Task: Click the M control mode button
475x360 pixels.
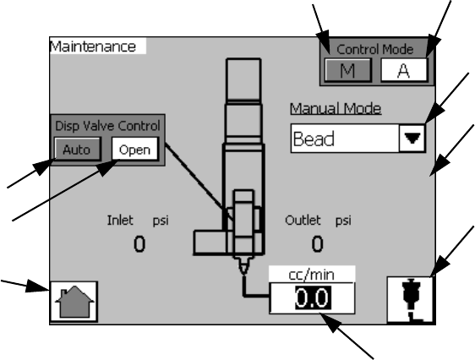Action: tap(348, 70)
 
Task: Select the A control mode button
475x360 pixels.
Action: tap(404, 70)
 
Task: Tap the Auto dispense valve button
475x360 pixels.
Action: tap(77, 149)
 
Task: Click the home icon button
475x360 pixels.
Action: tap(74, 302)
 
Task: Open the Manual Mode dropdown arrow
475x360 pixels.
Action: tap(412, 139)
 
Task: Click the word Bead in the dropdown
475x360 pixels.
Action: tap(314, 139)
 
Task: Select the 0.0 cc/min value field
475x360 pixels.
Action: tap(312, 298)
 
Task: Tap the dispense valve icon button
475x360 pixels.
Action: tap(410, 299)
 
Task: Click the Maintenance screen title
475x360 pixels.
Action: tap(93, 46)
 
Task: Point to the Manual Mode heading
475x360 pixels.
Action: tap(336, 108)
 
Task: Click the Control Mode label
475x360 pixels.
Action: tap(375, 49)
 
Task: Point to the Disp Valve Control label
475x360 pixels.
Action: tap(107, 126)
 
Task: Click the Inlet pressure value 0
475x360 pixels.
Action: tap(139, 244)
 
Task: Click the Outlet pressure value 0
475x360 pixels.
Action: tap(317, 244)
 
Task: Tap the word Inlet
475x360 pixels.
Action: tap(120, 220)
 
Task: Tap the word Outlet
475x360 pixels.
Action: tap(303, 220)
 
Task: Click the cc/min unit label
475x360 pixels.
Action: tap(312, 275)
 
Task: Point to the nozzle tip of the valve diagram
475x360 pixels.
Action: tap(244, 273)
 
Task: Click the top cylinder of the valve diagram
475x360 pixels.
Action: tap(243, 79)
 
